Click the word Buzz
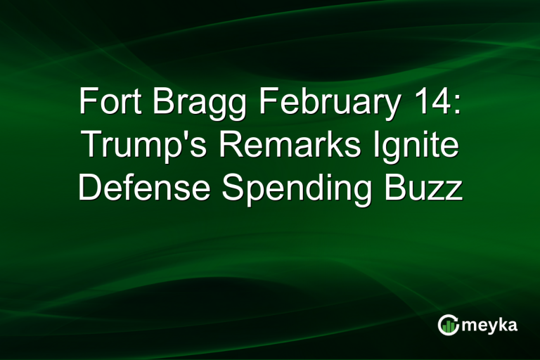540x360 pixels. [x=428, y=188]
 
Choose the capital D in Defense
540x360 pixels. [x=88, y=188]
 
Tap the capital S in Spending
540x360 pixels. [x=233, y=188]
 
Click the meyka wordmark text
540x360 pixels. [x=488, y=324]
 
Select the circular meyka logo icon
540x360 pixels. [x=448, y=324]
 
